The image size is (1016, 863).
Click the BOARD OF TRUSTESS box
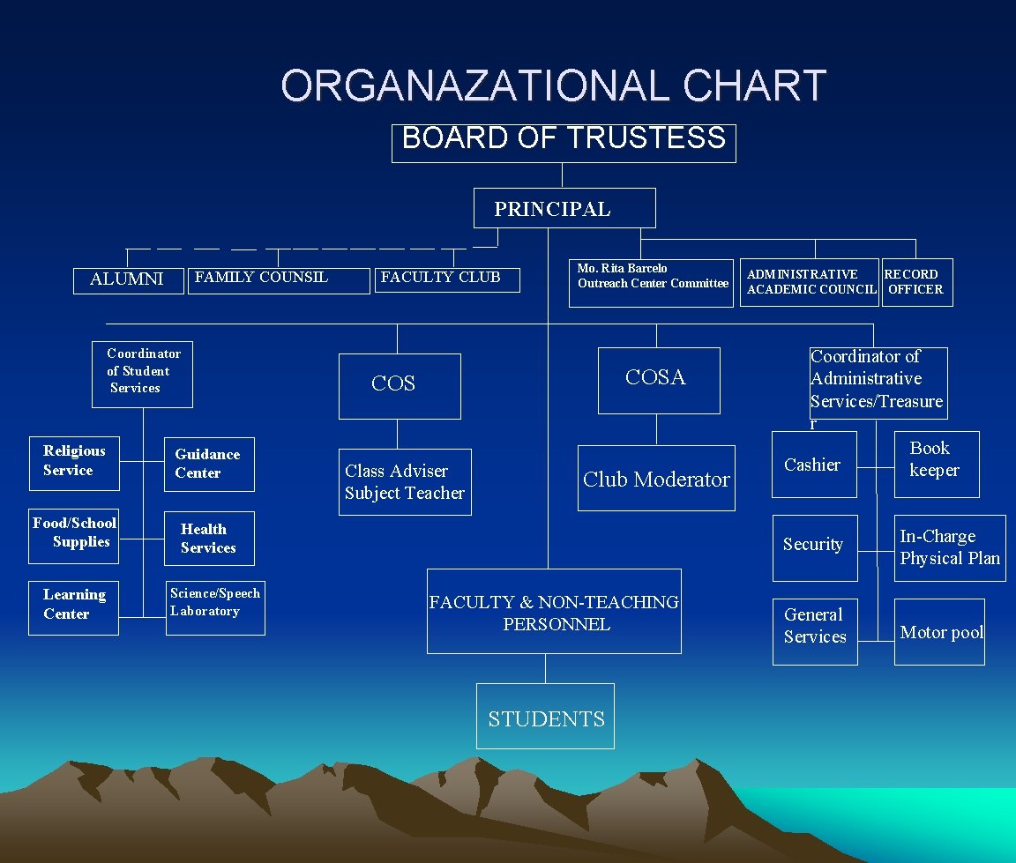click(x=564, y=143)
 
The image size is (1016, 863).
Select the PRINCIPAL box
click(x=564, y=208)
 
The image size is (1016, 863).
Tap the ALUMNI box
click(x=127, y=279)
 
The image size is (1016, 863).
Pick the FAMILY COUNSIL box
click(x=279, y=280)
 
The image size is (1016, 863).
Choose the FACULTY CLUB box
click(x=447, y=279)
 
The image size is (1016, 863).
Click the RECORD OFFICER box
click(x=916, y=282)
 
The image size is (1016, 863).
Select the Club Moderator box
click(x=656, y=479)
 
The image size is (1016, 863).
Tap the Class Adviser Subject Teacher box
click(x=405, y=482)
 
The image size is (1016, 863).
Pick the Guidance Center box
click(x=209, y=464)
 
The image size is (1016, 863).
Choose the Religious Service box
click(x=74, y=463)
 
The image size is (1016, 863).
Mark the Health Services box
click(x=208, y=538)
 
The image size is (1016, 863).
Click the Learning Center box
click(x=74, y=607)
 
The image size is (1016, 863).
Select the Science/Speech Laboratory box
click(x=216, y=608)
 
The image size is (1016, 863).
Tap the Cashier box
click(x=813, y=465)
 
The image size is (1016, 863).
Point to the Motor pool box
click(x=939, y=632)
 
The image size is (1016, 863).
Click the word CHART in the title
click(x=754, y=86)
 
